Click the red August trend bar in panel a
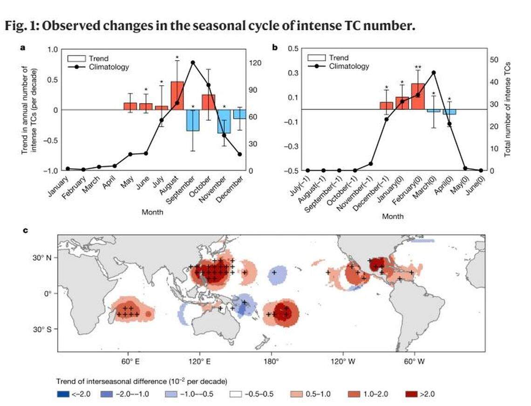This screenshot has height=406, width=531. click(x=177, y=96)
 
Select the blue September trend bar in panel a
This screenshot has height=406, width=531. click(x=193, y=120)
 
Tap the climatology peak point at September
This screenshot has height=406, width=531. click(x=193, y=62)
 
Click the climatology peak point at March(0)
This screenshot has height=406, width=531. click(x=434, y=73)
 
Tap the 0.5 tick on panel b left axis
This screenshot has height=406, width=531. click(x=293, y=49)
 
